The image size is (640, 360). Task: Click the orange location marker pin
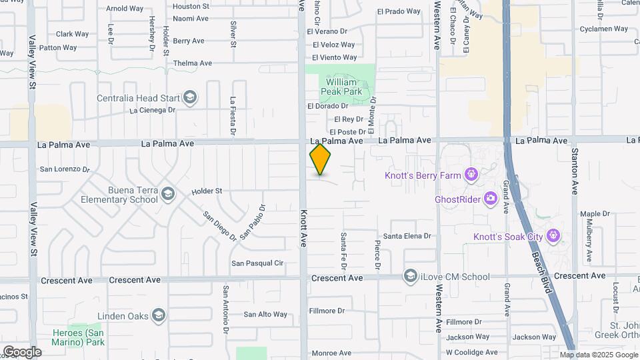(320, 159)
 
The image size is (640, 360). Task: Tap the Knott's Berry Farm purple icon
(471, 175)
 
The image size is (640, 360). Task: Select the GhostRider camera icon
(491, 198)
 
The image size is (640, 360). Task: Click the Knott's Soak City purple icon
(552, 236)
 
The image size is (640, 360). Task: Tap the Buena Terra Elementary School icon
(167, 194)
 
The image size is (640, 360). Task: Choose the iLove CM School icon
(411, 276)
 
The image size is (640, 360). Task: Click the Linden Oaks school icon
(158, 315)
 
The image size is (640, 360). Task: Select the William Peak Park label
(341, 86)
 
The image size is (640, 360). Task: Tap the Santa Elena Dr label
(407, 236)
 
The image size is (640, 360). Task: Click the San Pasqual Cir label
(257, 263)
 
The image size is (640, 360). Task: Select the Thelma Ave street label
(192, 63)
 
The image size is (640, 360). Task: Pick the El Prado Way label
(399, 11)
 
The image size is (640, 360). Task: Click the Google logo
(22, 351)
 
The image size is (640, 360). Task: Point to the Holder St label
(207, 191)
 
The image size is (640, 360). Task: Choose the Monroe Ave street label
(331, 353)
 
